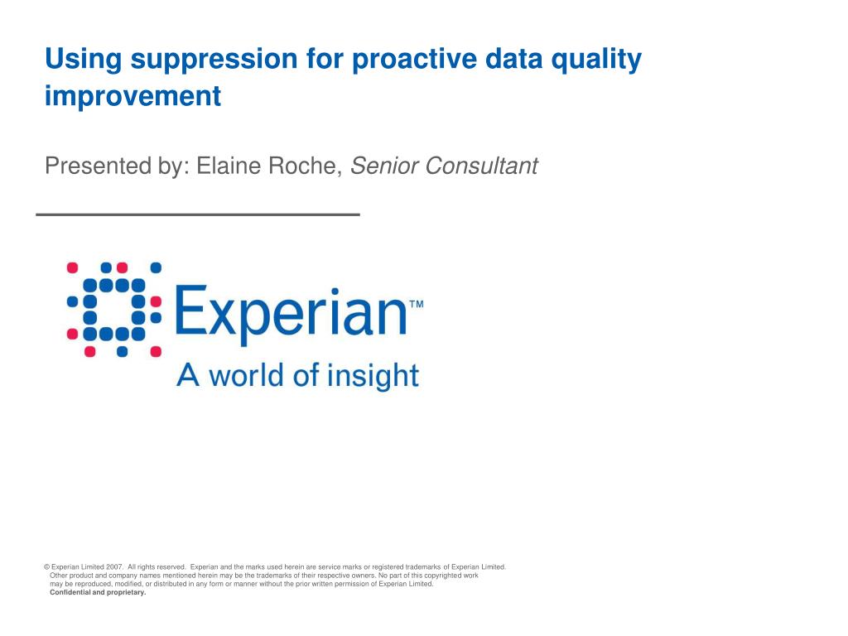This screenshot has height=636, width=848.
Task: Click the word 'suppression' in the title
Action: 214,60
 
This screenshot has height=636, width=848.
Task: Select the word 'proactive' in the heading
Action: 414,60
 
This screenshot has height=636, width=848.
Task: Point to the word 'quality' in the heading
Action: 596,60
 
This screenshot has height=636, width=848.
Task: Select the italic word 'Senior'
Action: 384,166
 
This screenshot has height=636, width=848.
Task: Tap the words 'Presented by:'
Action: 117,166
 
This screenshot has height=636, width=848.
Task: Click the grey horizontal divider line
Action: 198,214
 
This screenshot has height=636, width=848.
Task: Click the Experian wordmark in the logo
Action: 291,312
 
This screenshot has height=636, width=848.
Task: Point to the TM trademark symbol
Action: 417,305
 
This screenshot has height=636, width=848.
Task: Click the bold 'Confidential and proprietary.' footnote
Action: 98,593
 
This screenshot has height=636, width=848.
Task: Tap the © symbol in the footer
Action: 46,567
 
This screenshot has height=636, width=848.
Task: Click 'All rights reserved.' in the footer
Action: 157,567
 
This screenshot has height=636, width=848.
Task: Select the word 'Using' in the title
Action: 84,60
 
